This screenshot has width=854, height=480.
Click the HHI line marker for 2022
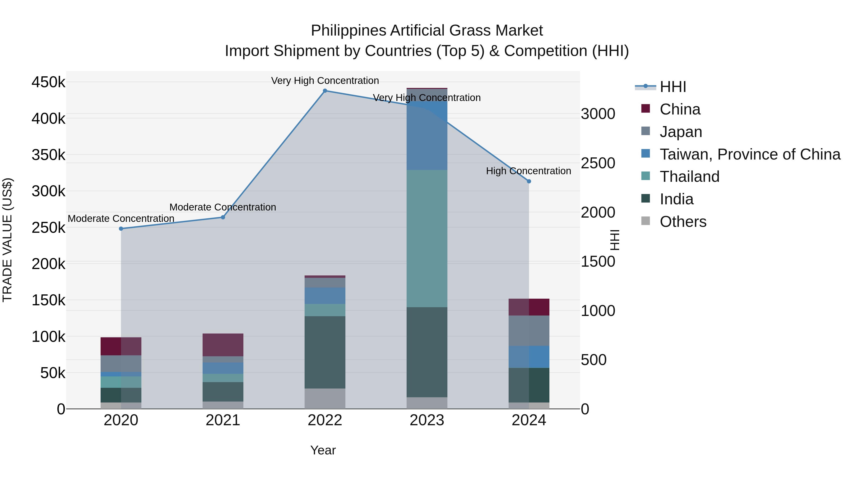pyautogui.click(x=325, y=91)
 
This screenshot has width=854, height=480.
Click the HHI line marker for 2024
pyautogui.click(x=529, y=181)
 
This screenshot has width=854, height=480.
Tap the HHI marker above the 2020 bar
pyautogui.click(x=121, y=229)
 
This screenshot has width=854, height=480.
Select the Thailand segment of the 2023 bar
pyautogui.click(x=427, y=238)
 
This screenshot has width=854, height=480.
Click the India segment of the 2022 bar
pyautogui.click(x=325, y=352)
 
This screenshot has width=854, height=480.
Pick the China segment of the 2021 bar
pyautogui.click(x=223, y=345)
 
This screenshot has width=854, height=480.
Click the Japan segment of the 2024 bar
pyautogui.click(x=529, y=331)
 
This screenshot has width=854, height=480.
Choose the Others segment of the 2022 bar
pyautogui.click(x=325, y=398)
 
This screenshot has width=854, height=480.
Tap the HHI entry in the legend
pyautogui.click(x=673, y=87)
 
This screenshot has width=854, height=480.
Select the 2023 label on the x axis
pyautogui.click(x=427, y=420)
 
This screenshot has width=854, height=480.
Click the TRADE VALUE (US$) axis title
pyautogui.click(x=8, y=240)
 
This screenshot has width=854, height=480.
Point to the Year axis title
pyautogui.click(x=323, y=450)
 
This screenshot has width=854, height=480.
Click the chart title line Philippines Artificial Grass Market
pyautogui.click(x=427, y=31)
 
